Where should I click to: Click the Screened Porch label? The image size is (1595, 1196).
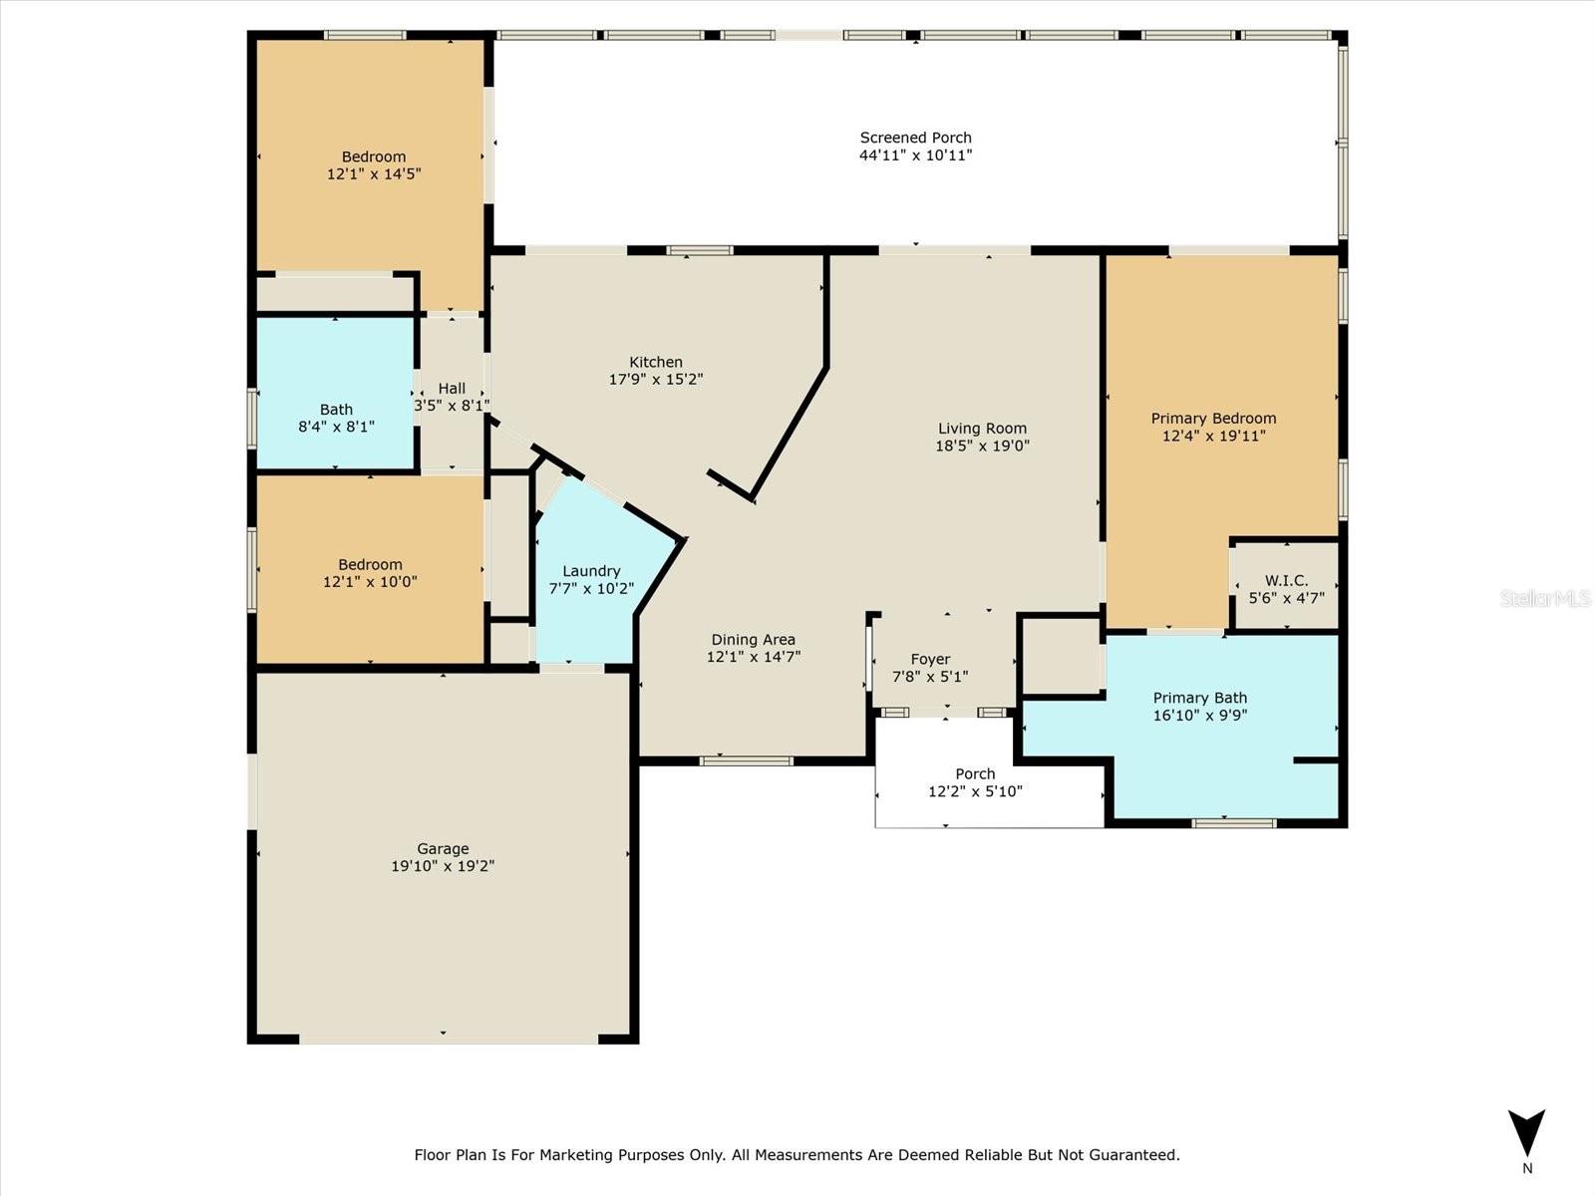pyautogui.click(x=915, y=138)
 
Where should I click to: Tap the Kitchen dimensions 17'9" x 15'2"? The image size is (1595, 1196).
pyautogui.click(x=656, y=380)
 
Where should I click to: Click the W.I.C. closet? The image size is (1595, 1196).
pyautogui.click(x=1286, y=588)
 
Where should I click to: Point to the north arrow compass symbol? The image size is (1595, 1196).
pyautogui.click(x=1526, y=1136)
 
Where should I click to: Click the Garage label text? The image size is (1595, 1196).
pyautogui.click(x=443, y=849)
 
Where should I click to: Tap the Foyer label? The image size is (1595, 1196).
pyautogui.click(x=930, y=659)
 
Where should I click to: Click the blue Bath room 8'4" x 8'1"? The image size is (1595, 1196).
pyautogui.click(x=336, y=399)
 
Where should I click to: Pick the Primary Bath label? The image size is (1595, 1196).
pyautogui.click(x=1199, y=698)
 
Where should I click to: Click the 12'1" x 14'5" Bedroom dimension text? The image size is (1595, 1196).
pyautogui.click(x=374, y=173)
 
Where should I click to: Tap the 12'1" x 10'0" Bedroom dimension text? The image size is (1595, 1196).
pyautogui.click(x=370, y=581)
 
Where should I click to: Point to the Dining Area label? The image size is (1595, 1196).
pyautogui.click(x=753, y=640)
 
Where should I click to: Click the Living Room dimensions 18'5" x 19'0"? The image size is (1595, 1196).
pyautogui.click(x=982, y=446)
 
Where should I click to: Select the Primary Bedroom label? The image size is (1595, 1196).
pyautogui.click(x=1213, y=419)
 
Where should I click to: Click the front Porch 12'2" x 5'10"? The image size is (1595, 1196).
pyautogui.click(x=975, y=782)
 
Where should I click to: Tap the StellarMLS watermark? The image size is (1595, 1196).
pyautogui.click(x=1544, y=598)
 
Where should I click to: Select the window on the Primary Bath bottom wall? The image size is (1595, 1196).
pyautogui.click(x=1234, y=823)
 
